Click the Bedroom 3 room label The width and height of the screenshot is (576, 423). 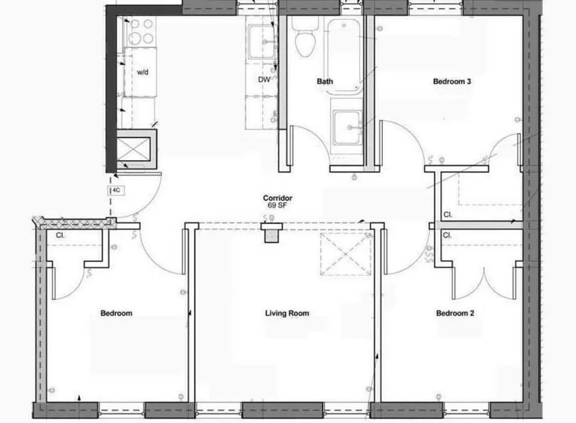(451, 81)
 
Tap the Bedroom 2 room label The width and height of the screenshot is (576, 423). (455, 313)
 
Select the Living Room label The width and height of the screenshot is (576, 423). (287, 313)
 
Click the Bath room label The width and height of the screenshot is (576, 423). (325, 81)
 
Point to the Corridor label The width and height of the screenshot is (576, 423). (278, 198)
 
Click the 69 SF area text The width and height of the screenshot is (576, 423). (278, 205)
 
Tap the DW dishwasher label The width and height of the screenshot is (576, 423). (264, 80)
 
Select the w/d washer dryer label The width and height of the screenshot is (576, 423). (143, 72)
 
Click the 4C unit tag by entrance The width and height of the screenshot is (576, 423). (117, 191)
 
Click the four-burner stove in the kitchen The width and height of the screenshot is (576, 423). (141, 31)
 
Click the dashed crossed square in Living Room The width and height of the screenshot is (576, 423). (345, 254)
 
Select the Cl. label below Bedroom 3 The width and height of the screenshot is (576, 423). (448, 215)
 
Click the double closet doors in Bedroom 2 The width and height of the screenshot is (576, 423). (483, 280)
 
